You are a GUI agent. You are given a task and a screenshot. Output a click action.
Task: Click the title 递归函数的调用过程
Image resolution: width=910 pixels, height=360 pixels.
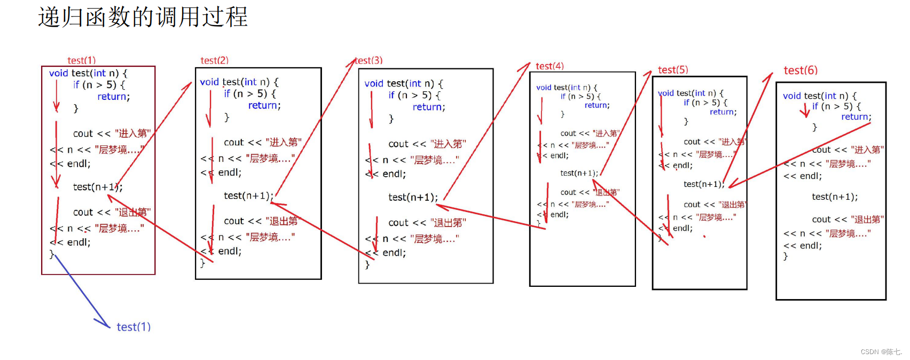coord(143,17)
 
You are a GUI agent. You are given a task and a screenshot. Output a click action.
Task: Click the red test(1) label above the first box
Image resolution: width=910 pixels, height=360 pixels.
coord(81,60)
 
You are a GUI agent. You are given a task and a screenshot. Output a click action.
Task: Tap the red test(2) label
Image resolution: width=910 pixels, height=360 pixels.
coord(214,60)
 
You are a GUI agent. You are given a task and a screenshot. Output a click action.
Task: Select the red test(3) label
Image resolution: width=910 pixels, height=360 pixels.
coord(369,60)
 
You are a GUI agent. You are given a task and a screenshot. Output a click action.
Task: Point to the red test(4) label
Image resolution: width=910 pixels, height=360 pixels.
coord(550,66)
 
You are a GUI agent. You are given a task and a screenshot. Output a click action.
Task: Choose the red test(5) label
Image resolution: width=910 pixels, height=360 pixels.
coord(673,70)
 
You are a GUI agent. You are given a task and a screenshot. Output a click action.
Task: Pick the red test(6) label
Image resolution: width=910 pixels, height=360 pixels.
coord(801,71)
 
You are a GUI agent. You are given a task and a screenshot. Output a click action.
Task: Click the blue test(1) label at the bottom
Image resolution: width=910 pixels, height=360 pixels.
coord(134,327)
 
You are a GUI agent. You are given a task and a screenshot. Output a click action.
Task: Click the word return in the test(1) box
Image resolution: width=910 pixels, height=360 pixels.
coord(112,97)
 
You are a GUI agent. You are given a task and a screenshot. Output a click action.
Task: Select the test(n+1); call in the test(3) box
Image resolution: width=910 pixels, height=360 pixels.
coord(413,198)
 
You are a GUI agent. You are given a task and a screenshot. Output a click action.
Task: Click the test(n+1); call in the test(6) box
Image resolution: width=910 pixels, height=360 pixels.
coord(835,197)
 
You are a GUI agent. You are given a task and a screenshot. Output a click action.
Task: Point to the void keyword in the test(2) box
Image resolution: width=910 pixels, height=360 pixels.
coord(209,82)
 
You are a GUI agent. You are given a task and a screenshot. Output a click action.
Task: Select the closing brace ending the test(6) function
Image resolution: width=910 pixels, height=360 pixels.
coord(786,256)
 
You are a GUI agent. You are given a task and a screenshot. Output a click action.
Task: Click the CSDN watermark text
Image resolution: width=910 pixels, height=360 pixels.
coord(881,352)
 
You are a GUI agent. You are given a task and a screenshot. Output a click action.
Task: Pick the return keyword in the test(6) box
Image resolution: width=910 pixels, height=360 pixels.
coord(856,117)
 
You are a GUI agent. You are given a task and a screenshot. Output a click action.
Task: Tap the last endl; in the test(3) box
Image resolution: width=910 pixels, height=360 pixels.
coord(394,253)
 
